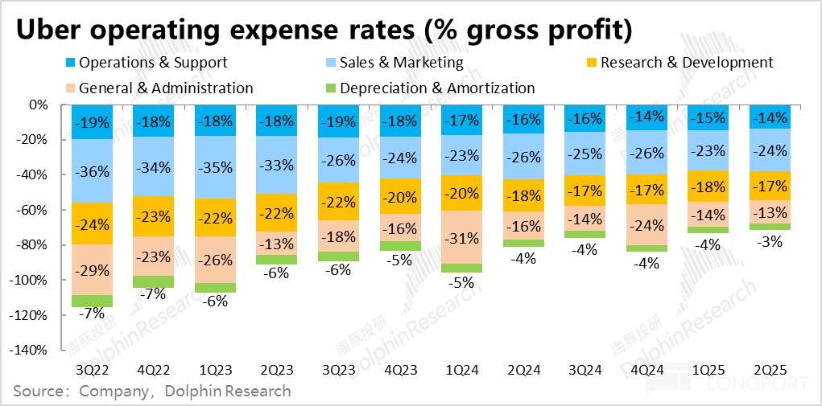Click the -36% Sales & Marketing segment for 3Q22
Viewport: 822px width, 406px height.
coord(92,171)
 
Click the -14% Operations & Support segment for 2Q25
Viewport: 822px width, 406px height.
coord(768,117)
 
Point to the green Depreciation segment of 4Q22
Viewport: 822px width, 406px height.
coord(153,281)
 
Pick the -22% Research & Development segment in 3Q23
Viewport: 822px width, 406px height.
coord(340,201)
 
